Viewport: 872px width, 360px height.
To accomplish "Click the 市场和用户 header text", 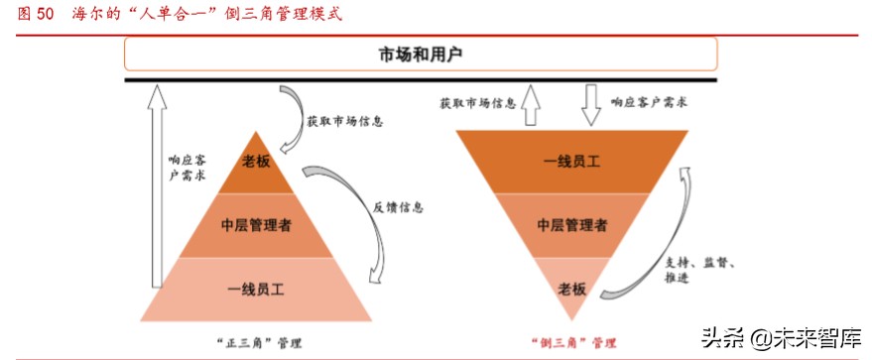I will coord(422,55).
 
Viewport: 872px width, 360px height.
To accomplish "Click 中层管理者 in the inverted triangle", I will coord(571,225).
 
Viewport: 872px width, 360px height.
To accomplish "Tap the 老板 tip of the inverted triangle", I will coord(571,289).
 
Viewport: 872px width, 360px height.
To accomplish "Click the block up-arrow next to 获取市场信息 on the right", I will coord(531,103).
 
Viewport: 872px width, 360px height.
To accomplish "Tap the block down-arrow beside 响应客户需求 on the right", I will coord(591,103).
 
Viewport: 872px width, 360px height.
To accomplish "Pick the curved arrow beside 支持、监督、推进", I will coord(660,238).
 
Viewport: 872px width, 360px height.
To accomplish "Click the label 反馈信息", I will coord(399,208).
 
